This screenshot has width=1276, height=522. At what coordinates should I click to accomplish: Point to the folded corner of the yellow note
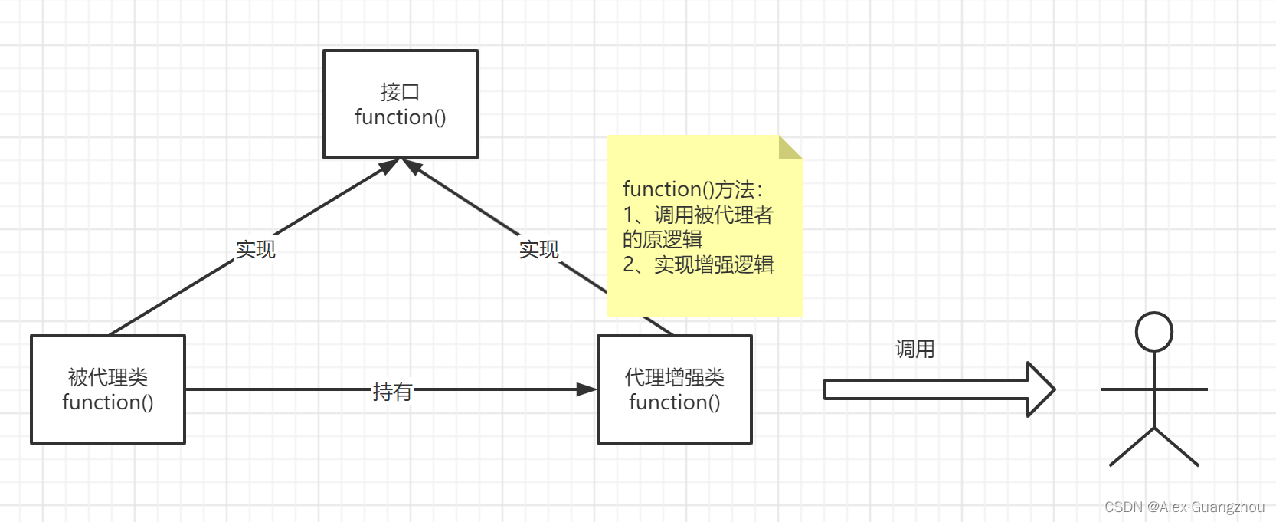tap(790, 147)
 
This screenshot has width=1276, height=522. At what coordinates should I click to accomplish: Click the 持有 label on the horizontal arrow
tap(392, 392)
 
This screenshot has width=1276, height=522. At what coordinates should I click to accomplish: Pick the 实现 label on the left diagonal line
tap(255, 249)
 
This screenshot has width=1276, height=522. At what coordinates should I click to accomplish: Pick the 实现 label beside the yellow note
tap(538, 249)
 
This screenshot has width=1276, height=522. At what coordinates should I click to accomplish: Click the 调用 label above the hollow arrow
tap(914, 350)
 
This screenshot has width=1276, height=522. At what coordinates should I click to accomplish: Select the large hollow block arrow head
tap(1040, 389)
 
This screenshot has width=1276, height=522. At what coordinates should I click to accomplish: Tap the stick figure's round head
tap(1153, 332)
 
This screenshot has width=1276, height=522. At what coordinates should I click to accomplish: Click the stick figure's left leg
tap(1131, 447)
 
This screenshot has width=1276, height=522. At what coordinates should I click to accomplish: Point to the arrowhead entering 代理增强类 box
tap(587, 389)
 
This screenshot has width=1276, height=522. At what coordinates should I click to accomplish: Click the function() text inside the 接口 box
tap(400, 117)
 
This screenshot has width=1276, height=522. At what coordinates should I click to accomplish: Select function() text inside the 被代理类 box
tap(107, 402)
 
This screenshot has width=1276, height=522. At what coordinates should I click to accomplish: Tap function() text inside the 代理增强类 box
tap(674, 402)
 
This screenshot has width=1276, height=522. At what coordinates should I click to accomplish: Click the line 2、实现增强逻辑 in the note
tap(698, 264)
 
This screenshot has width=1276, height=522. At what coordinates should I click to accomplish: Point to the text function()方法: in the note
tap(692, 189)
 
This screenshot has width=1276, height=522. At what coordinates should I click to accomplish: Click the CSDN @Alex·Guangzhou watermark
tap(1184, 507)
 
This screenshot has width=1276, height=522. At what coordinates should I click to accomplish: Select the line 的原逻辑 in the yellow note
tap(662, 239)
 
